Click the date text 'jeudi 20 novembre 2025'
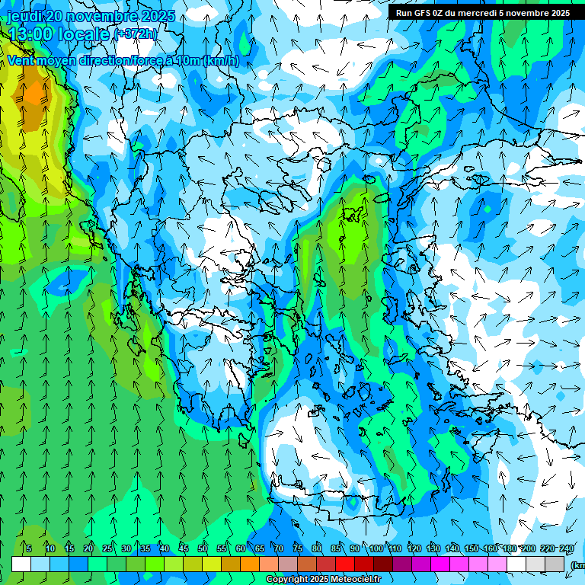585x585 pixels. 91,16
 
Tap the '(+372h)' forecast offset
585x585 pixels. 136,34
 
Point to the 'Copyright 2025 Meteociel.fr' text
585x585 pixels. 323,580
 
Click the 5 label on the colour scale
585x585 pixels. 28,548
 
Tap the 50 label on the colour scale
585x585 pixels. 203,548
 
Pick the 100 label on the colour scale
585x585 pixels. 376,548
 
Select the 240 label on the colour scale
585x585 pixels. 567,548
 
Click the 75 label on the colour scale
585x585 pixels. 298,548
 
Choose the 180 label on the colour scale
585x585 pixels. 509,548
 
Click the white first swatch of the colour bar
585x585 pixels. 21,564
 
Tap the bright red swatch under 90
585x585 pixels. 345,564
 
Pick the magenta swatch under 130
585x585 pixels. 440,564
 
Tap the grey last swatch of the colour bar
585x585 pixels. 555,564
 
